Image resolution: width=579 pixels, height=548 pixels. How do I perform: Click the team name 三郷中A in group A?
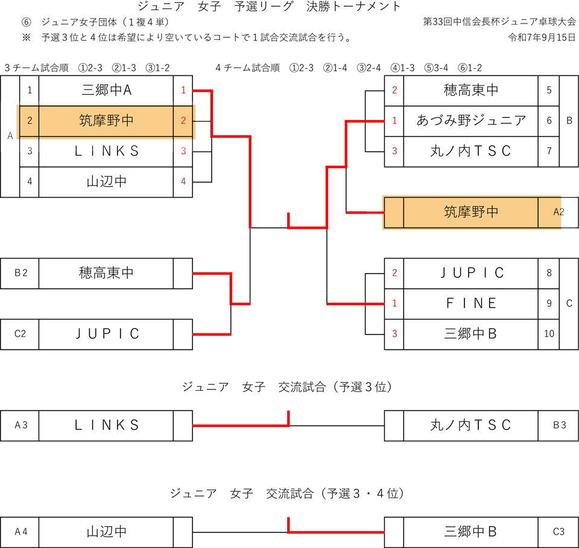click(106, 90)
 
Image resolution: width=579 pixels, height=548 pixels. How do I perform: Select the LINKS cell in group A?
click(106, 151)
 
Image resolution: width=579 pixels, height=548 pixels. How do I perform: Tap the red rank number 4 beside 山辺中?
click(183, 181)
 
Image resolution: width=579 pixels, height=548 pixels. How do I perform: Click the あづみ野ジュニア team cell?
click(470, 121)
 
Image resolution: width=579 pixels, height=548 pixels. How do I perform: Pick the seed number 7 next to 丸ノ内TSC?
click(549, 151)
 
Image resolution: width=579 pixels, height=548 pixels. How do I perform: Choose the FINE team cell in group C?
click(470, 303)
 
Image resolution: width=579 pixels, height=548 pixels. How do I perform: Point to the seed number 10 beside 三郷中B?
click(549, 333)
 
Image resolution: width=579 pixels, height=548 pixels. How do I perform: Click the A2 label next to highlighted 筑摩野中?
click(558, 212)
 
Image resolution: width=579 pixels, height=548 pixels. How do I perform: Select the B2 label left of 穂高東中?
click(20, 273)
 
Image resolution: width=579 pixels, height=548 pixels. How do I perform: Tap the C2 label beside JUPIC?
click(20, 334)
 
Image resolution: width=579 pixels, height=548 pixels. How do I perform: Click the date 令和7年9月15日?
click(542, 37)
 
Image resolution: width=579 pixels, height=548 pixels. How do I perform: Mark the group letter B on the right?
click(569, 121)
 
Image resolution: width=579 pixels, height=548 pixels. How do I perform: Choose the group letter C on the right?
click(569, 303)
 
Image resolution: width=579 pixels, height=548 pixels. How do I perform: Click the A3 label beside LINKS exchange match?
click(20, 425)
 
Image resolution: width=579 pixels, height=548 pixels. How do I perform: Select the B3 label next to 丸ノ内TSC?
click(558, 425)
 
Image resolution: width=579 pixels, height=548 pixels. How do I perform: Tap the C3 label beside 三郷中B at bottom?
click(558, 532)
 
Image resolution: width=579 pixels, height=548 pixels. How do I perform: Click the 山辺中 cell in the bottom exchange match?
click(106, 532)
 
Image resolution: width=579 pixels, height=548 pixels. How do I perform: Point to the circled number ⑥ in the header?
click(26, 22)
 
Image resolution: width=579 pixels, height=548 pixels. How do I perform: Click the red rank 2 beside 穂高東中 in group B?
click(394, 90)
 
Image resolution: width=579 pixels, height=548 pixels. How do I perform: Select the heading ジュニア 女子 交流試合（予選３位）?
click(288, 387)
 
